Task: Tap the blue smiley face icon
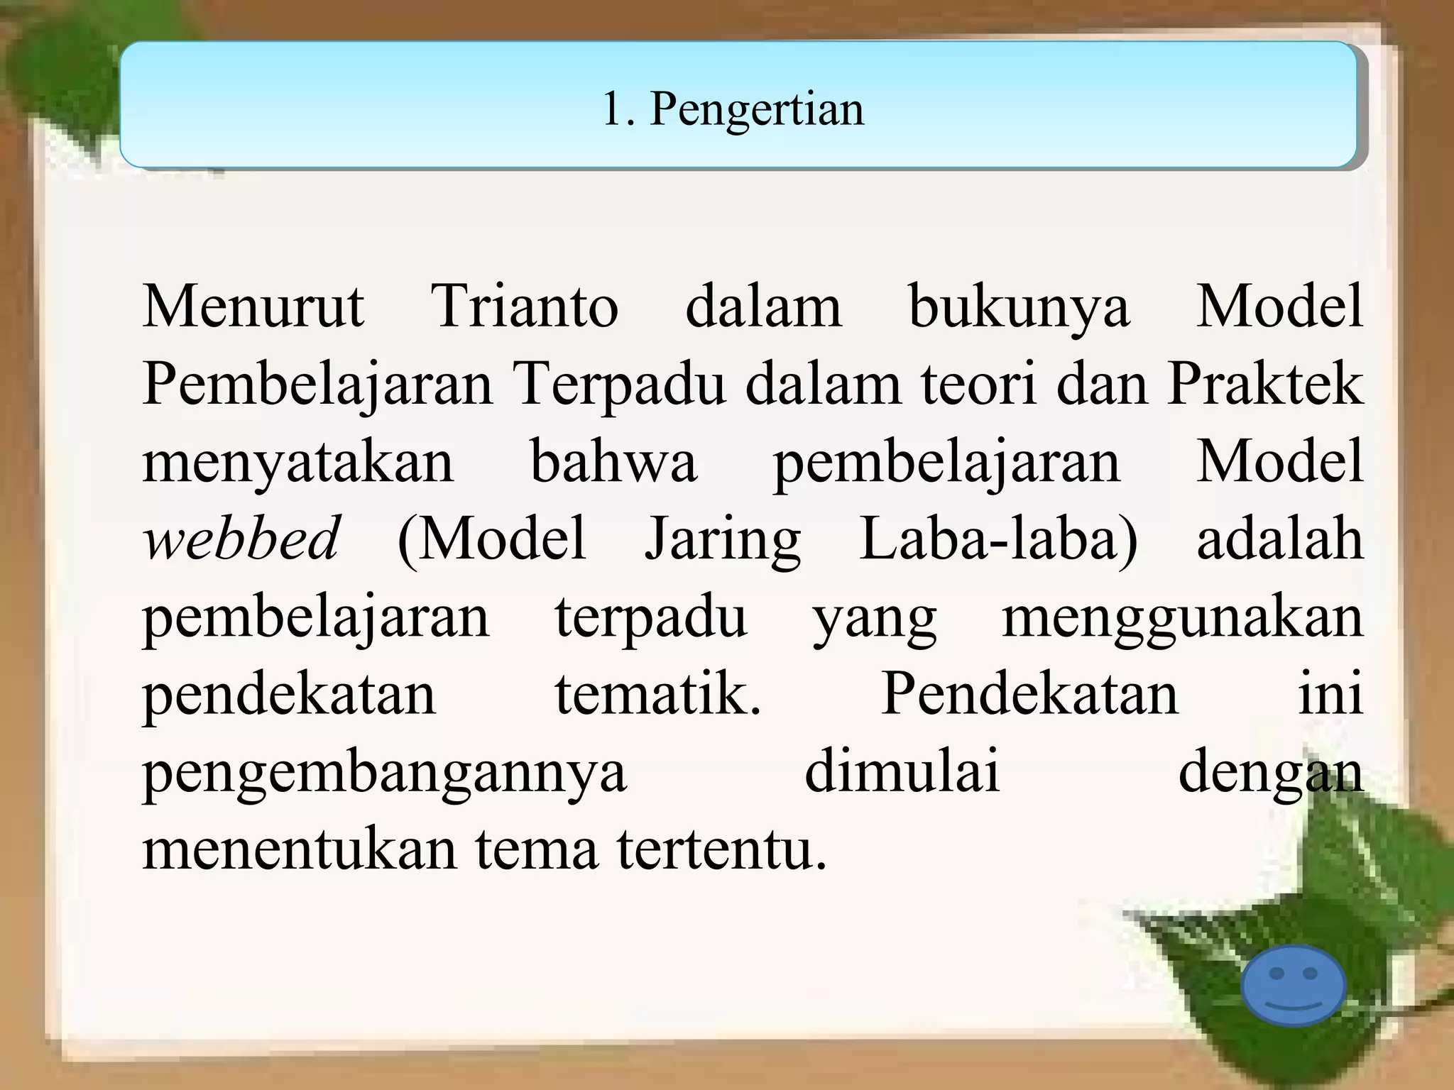pyautogui.click(x=1294, y=986)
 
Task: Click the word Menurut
pyautogui.click(x=253, y=307)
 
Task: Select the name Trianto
pyautogui.click(x=525, y=307)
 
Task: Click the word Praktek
pyautogui.click(x=1265, y=384)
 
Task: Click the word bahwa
pyautogui.click(x=613, y=461)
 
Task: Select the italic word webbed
pyautogui.click(x=241, y=538)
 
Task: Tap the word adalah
pyautogui.click(x=1280, y=538)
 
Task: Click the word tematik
pyautogui.click(x=657, y=693)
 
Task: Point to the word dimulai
pyautogui.click(x=902, y=770)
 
